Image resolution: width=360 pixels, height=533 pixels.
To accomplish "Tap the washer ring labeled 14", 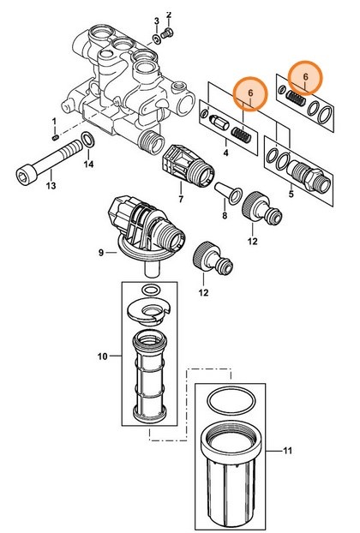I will coord(88,140).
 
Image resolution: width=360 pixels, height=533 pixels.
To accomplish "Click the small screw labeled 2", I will coord(169,33).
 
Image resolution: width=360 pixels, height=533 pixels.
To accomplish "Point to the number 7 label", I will coord(180,199).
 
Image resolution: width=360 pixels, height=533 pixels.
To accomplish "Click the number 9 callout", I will coord(101,252).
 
